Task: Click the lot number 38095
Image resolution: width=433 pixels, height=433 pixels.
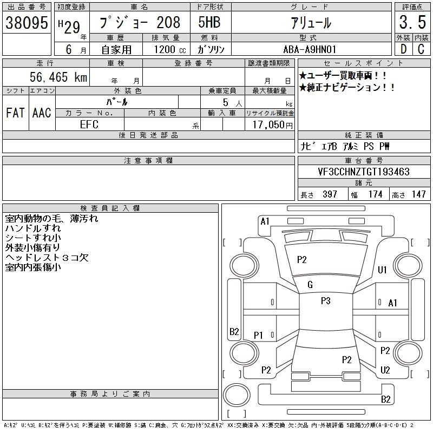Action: pyautogui.click(x=27, y=23)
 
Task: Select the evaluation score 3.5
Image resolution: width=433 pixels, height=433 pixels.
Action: pyautogui.click(x=412, y=22)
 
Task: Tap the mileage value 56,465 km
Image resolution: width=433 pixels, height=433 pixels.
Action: pyautogui.click(x=58, y=77)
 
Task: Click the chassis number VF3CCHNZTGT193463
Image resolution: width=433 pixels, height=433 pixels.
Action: pyautogui.click(x=364, y=172)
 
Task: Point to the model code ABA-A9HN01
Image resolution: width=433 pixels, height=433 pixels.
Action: pyautogui.click(x=310, y=49)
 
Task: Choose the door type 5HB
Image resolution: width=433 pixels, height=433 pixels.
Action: pyautogui.click(x=209, y=22)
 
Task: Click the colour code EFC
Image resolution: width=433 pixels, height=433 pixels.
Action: pyautogui.click(x=89, y=124)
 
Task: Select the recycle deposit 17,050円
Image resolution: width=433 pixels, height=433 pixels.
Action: pyautogui.click(x=272, y=125)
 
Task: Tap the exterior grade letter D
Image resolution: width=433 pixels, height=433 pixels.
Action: pyautogui.click(x=403, y=49)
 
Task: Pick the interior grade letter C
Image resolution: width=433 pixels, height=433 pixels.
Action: pyautogui.click(x=421, y=49)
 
